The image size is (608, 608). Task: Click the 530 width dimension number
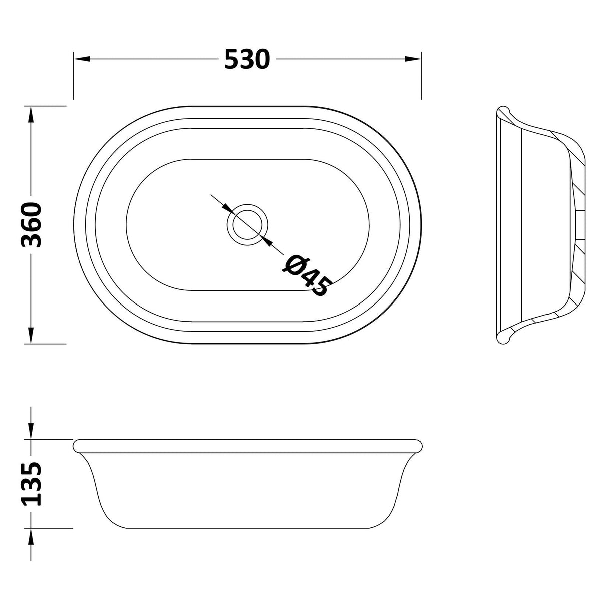coord(247,60)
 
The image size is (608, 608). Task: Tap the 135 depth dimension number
coord(32,484)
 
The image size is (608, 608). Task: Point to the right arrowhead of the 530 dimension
coord(414,59)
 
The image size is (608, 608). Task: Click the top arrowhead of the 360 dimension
coord(31,114)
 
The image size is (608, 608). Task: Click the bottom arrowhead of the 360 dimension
coord(31,336)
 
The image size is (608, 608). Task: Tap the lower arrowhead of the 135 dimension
coord(31,536)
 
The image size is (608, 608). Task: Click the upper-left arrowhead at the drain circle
coord(225,207)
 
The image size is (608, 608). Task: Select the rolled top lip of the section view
coord(503,112)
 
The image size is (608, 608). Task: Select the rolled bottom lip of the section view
coord(503,338)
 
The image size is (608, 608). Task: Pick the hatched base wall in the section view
coord(580,225)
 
